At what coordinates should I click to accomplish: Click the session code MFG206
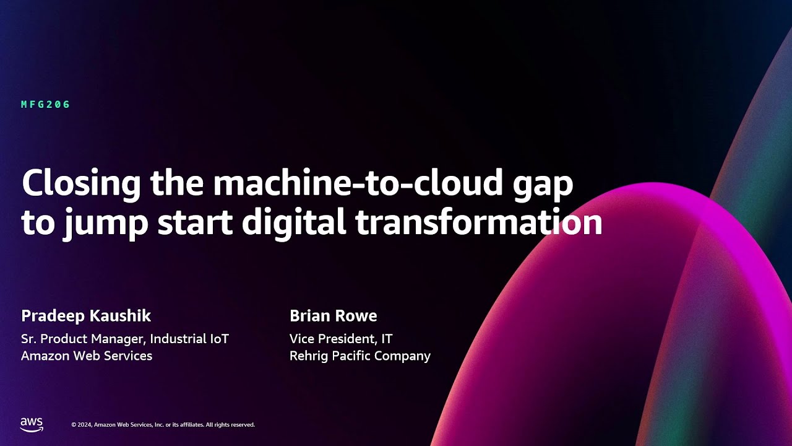[x=46, y=105]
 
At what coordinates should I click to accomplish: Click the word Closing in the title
[x=81, y=184]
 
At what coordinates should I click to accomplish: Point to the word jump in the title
[x=105, y=224]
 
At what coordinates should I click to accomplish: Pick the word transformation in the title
[x=479, y=222]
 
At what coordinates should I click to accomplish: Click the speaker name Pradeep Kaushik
[x=86, y=316]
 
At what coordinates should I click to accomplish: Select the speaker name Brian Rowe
[x=333, y=316]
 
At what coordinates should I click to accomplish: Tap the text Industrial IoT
[x=189, y=339]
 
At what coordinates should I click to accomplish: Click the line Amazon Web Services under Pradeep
[x=87, y=356]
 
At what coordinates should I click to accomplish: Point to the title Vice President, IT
[x=341, y=339]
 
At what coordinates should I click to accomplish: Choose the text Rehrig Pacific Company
[x=360, y=356]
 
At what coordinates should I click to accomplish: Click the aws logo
[x=32, y=425]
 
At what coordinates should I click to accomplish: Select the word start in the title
[x=195, y=224]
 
